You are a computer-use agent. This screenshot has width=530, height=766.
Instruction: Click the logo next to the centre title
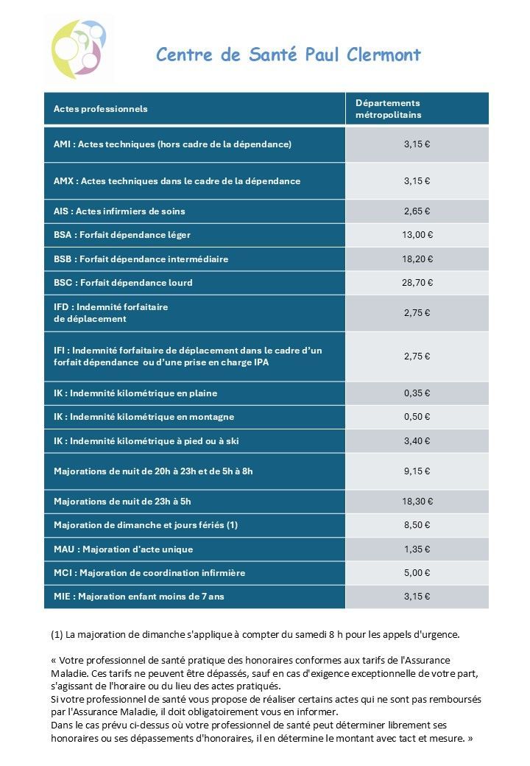(79, 49)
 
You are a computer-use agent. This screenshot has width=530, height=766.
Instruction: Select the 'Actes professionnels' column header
(101, 109)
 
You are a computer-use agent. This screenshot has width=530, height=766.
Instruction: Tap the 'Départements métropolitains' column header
(388, 109)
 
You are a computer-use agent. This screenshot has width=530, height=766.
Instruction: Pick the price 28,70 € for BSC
(417, 283)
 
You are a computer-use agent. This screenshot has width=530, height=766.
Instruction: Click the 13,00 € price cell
(417, 235)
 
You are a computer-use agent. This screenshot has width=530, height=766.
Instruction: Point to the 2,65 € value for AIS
(417, 211)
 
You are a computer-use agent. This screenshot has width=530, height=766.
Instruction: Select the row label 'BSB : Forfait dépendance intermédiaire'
(141, 259)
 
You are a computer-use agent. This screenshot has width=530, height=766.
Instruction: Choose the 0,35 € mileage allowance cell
(417, 393)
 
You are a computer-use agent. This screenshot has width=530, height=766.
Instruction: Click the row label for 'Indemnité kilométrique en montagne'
(144, 417)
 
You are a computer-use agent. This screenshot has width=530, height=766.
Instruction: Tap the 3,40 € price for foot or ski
(417, 441)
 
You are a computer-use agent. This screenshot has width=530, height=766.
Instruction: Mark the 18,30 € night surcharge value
(417, 502)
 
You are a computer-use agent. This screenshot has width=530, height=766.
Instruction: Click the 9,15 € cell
(417, 471)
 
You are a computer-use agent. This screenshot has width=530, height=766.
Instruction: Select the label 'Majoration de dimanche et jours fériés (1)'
(146, 525)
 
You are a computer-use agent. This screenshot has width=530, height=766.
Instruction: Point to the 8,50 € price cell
(417, 525)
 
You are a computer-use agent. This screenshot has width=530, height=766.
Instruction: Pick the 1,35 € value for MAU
(417, 549)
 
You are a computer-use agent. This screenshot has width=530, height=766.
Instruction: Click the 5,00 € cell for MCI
(417, 573)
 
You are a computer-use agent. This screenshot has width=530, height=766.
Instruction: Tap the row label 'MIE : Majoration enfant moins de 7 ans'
(139, 597)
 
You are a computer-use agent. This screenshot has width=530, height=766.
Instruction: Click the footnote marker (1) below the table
(57, 634)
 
